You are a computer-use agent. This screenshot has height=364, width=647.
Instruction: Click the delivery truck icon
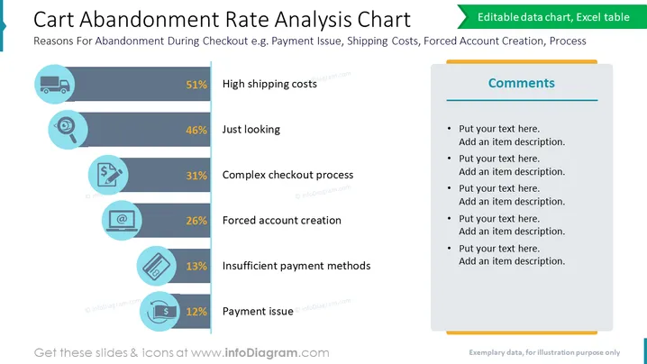pos(54,84)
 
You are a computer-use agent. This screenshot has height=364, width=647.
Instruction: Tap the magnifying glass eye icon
pos(68,130)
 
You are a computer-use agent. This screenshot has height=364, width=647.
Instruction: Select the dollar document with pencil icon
pos(108,175)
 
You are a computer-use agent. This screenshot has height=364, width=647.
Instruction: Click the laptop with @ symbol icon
pos(122,221)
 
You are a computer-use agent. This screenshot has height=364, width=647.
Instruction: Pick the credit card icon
pos(157,266)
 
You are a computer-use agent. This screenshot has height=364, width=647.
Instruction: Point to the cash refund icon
pos(162,312)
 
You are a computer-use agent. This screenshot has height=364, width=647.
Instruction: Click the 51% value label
pos(196,85)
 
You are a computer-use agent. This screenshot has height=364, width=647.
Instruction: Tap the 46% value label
pos(196,130)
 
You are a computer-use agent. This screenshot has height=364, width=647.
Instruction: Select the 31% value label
pos(196,176)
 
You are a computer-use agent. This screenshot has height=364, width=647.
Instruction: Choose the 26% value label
pos(196,221)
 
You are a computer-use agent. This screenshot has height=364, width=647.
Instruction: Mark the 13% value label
pos(196,266)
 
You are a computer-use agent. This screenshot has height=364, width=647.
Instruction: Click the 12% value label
pos(196,312)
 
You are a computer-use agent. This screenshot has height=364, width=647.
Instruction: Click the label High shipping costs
pos(269,84)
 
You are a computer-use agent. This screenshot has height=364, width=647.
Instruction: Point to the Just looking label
pos(251,130)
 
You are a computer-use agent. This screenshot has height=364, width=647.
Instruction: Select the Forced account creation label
pos(282,221)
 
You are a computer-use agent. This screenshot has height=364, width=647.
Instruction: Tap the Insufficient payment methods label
pos(296,266)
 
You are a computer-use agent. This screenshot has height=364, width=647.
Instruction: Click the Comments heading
pos(522,83)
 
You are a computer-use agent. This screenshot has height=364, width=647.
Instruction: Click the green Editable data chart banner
pos(552,17)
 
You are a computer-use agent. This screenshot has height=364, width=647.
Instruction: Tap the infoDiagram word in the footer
pos(261,353)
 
